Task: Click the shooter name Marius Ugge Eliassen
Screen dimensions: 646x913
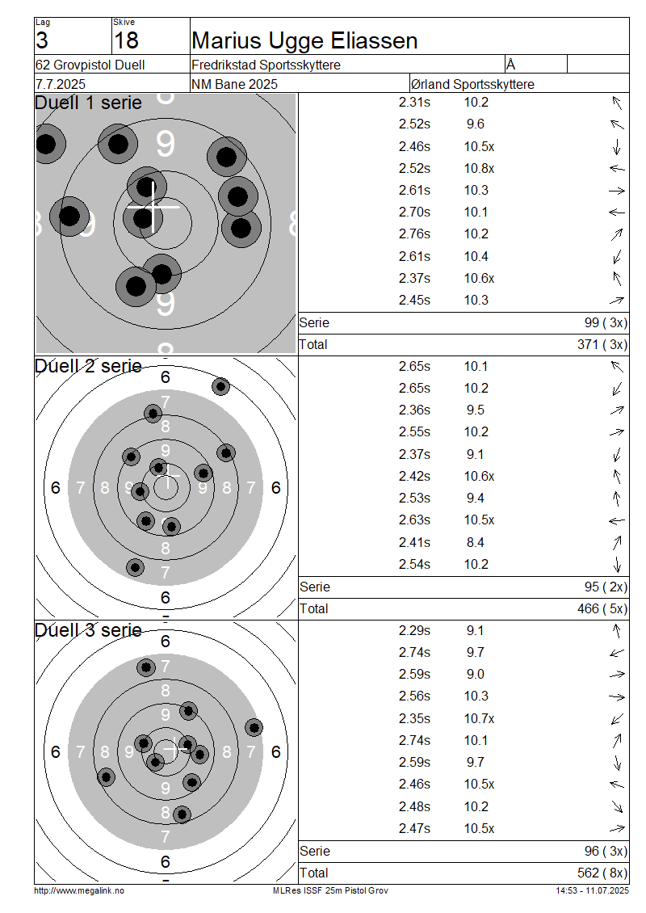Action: coord(304,40)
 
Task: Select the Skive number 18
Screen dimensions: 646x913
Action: coord(126,40)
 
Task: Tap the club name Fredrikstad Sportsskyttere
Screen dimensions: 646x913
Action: coord(266,65)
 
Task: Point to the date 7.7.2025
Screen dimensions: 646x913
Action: coord(61,84)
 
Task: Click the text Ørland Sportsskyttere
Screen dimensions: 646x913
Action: coord(472,84)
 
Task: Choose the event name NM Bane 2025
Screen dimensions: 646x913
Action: coord(234,84)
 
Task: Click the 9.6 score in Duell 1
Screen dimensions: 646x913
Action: coord(476,124)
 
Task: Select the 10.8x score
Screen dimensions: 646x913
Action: coord(479,168)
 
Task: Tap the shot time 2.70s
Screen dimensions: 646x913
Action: coord(414,212)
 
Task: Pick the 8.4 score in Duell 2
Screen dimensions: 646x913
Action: coord(476,542)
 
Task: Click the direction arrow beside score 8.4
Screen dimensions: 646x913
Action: coord(617,542)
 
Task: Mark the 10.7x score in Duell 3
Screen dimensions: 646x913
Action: coord(479,718)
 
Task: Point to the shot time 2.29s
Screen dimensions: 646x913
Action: coord(414,630)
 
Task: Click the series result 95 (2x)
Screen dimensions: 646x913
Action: coord(606,587)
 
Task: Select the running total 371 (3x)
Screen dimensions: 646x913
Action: coord(602,345)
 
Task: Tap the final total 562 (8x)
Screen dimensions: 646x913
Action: coord(602,873)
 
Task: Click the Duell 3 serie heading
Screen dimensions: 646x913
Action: coord(88,630)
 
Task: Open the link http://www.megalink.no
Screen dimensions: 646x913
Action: coord(79,890)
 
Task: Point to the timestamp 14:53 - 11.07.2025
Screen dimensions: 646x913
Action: coord(592,890)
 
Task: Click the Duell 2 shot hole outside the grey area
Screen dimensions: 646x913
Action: coord(220,386)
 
